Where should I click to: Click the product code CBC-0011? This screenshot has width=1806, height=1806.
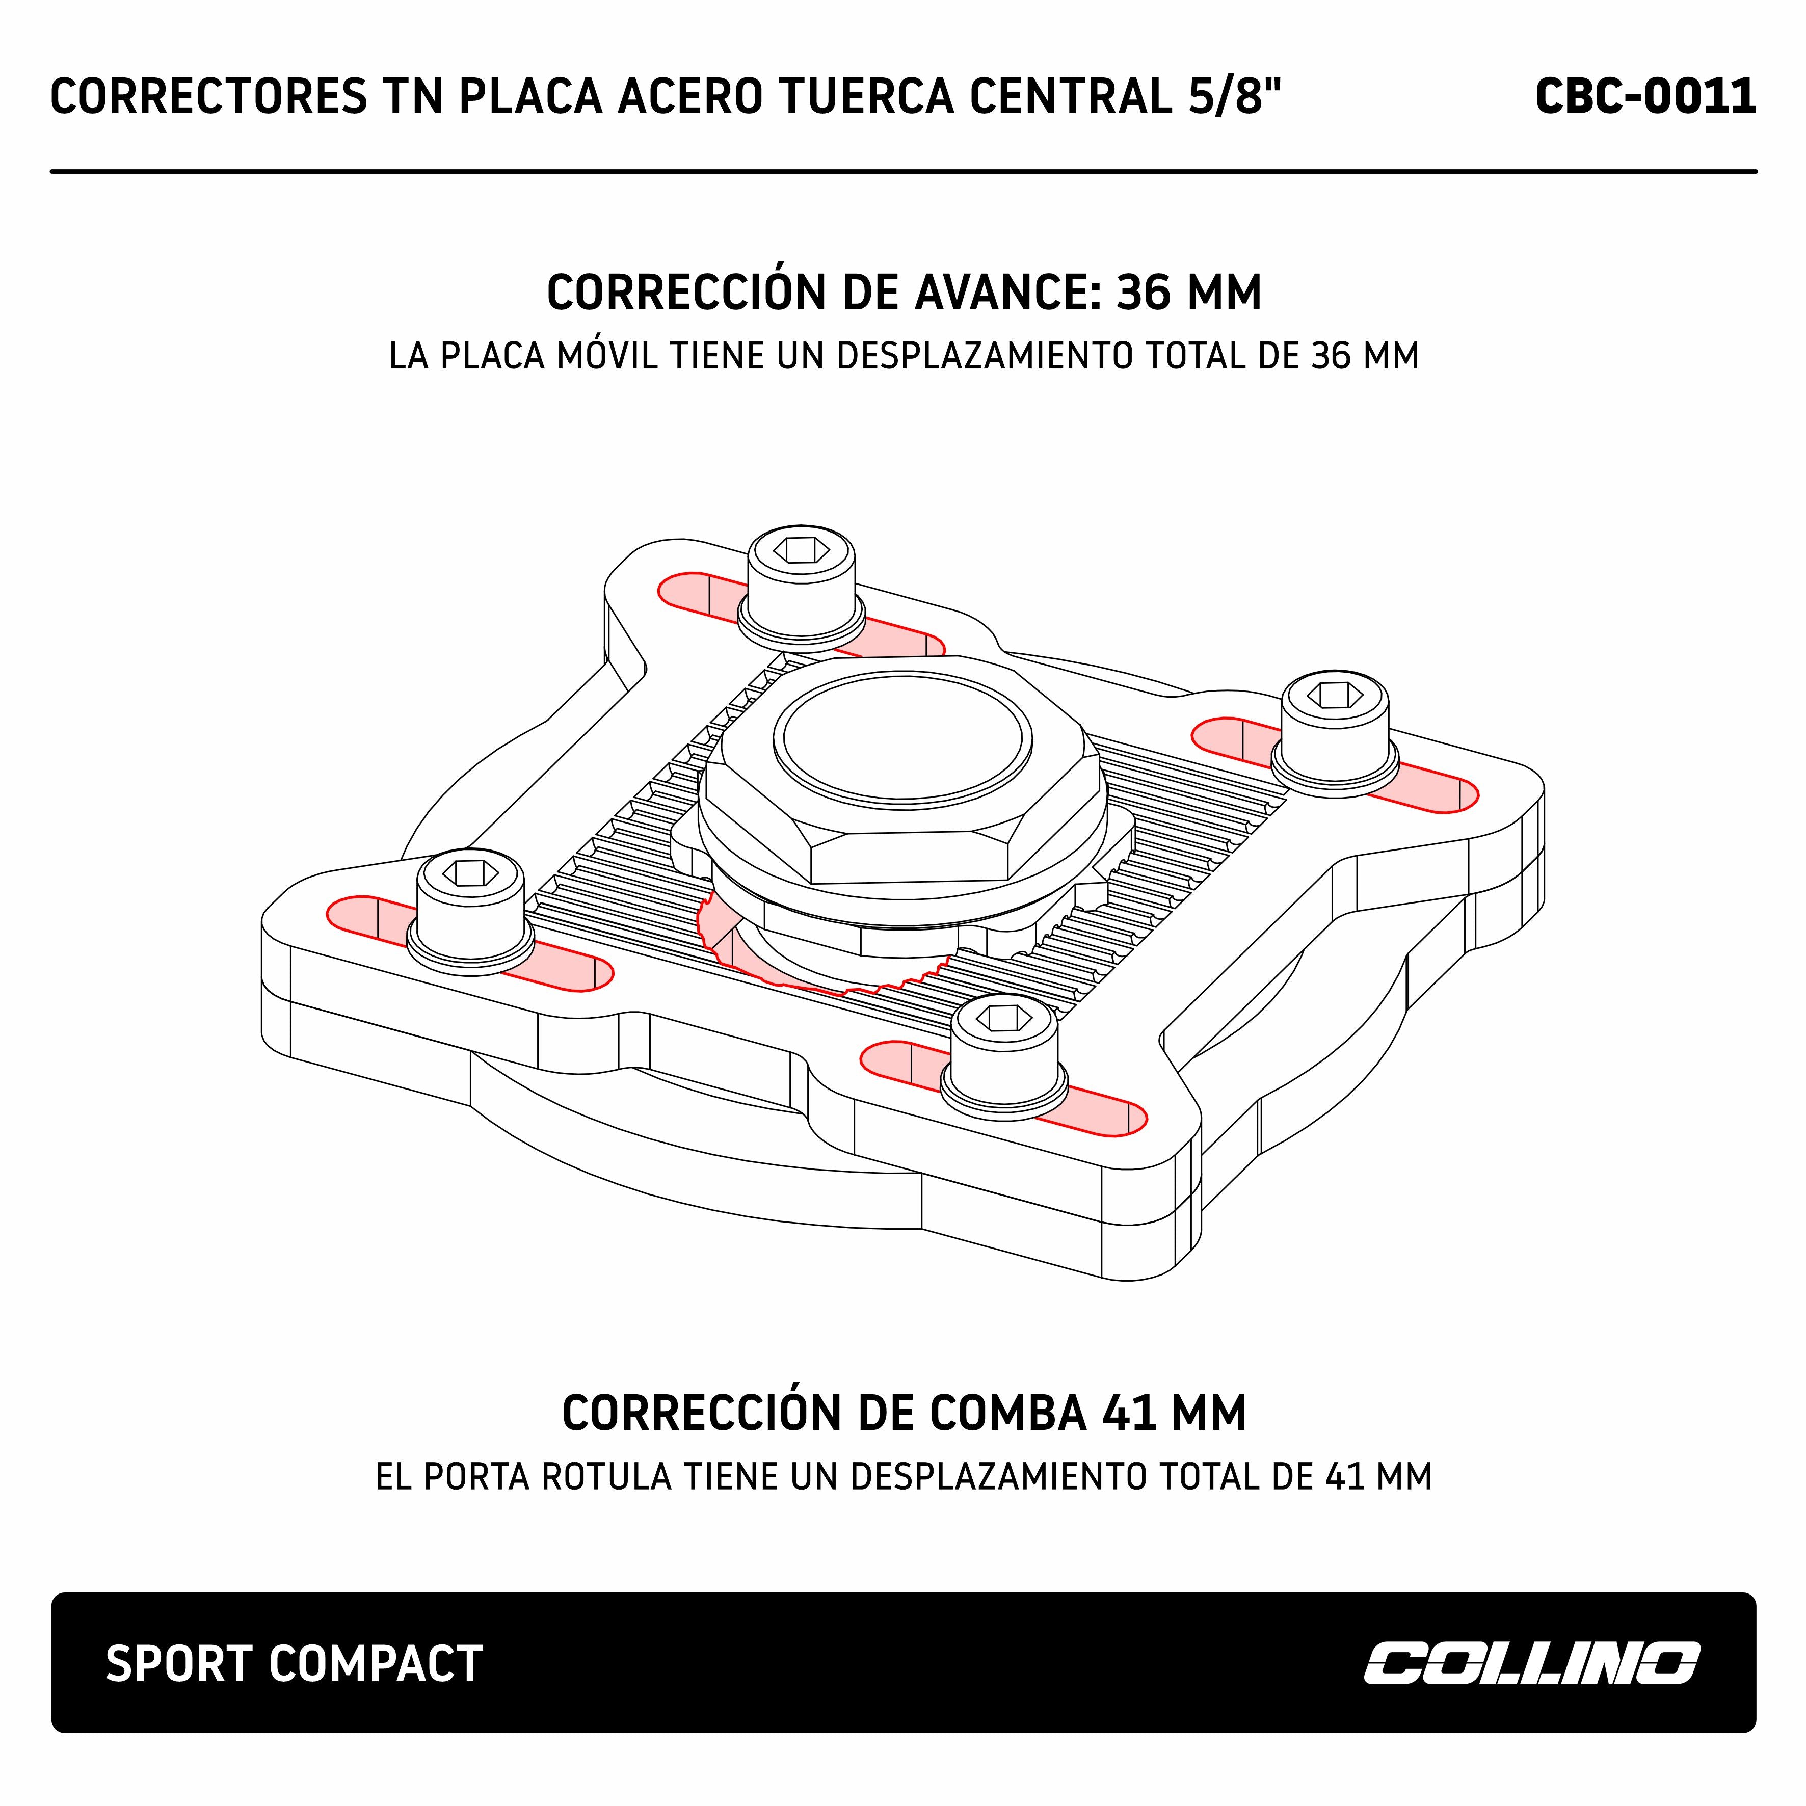[x=1644, y=97]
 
